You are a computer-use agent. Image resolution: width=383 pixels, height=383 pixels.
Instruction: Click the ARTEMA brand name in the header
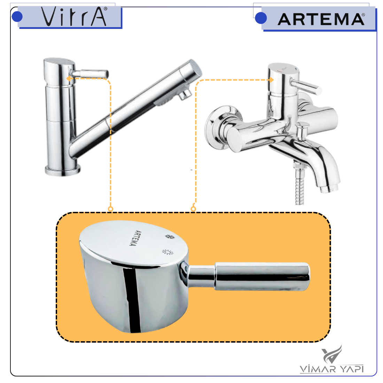tap(321, 19)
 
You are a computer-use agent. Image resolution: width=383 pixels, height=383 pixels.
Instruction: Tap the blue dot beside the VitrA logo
tap(17, 17)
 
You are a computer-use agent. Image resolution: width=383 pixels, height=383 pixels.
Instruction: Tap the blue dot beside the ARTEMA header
tap(261, 18)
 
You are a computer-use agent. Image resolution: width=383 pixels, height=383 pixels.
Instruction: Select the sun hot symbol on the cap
tap(167, 252)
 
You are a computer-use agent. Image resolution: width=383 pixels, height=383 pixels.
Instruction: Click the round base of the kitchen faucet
tap(63, 170)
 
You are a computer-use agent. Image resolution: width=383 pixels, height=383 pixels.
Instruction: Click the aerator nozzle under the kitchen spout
tap(185, 94)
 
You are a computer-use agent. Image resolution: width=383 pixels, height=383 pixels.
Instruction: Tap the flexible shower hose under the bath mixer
tap(299, 185)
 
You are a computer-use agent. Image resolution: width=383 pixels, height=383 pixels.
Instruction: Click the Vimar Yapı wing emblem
tap(332, 354)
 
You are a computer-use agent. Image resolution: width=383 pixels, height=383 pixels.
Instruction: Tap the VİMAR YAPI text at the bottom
tap(332, 369)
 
